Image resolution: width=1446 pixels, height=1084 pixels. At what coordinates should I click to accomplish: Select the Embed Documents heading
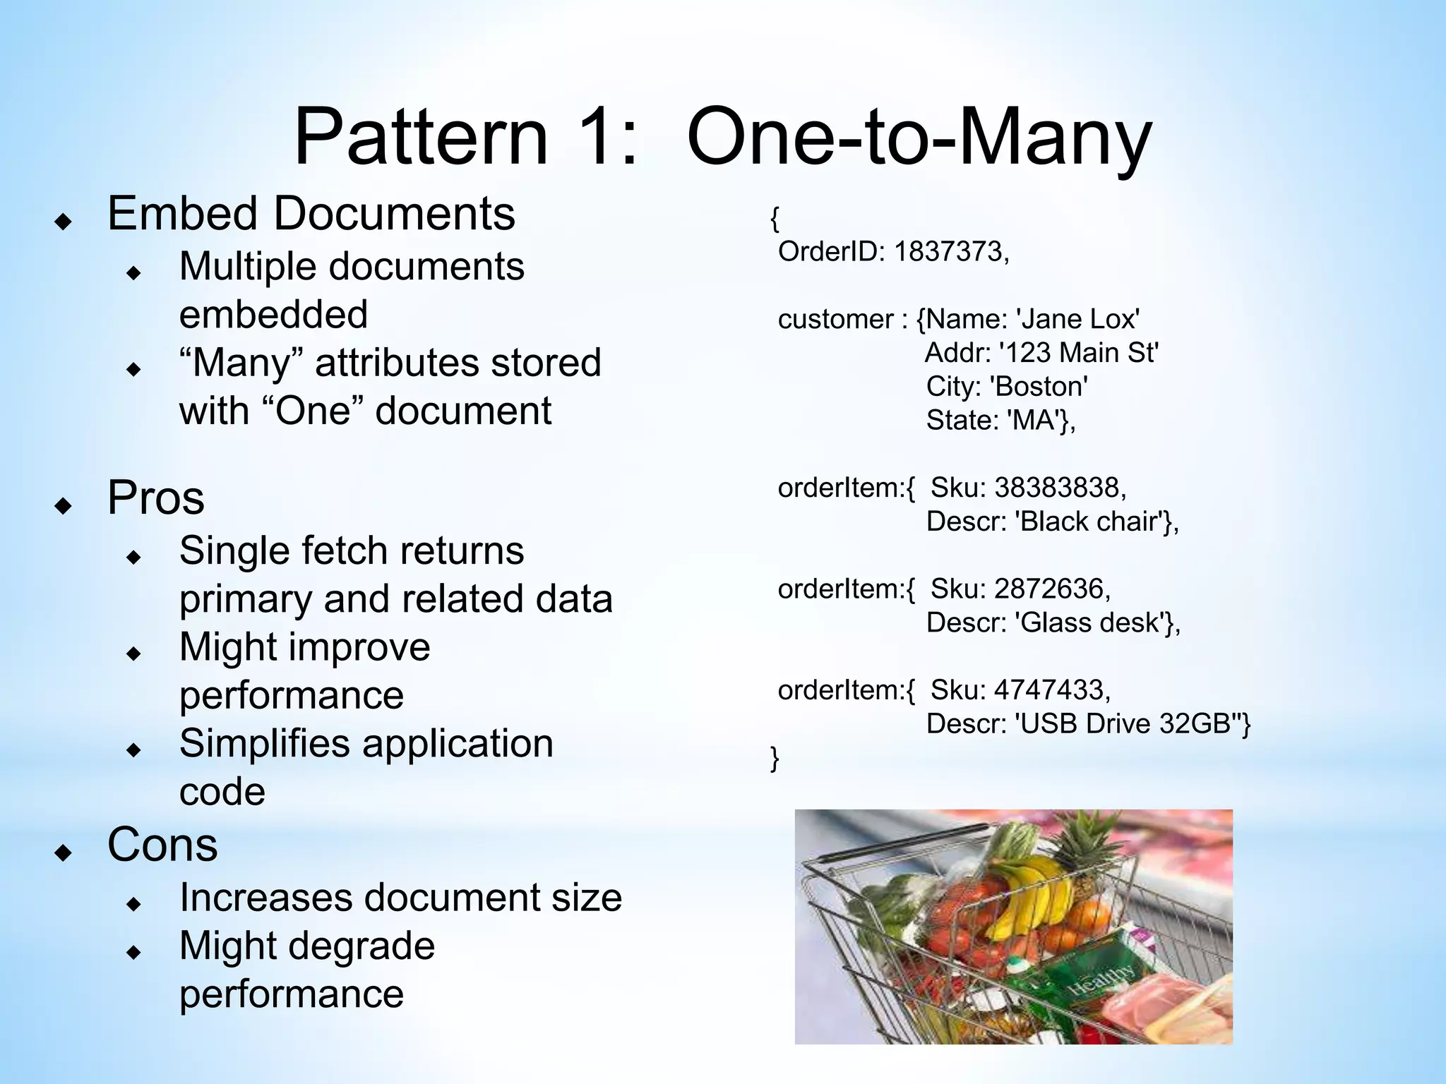pyautogui.click(x=311, y=213)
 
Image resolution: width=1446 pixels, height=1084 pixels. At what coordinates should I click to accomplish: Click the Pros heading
pyautogui.click(x=155, y=498)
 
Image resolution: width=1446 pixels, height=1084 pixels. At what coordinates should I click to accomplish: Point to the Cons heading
pyautogui.click(x=162, y=845)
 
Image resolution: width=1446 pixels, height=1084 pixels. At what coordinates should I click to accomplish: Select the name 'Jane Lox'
pyautogui.click(x=1077, y=320)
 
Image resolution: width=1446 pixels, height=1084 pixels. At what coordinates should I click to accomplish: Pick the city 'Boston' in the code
pyautogui.click(x=1039, y=387)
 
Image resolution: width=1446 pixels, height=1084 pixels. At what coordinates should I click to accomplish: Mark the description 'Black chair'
pyautogui.click(x=1091, y=522)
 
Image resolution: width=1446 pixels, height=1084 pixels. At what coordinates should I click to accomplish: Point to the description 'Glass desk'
pyautogui.click(x=1092, y=622)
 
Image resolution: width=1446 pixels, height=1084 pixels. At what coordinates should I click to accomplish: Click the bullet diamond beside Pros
pyautogui.click(x=64, y=505)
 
